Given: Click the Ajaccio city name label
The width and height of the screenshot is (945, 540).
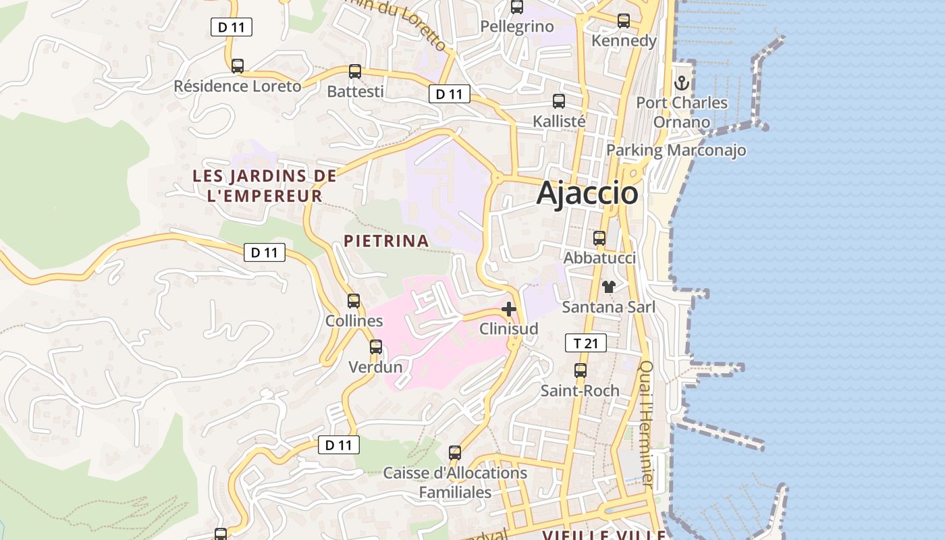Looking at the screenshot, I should pos(587,194).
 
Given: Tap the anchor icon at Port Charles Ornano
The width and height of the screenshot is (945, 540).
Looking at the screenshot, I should pos(682,84).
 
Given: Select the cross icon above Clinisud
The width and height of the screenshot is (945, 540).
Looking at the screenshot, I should pos(509,309).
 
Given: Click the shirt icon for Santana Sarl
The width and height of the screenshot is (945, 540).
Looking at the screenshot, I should pos(609,287).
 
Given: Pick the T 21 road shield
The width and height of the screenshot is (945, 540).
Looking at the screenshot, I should pos(585,343).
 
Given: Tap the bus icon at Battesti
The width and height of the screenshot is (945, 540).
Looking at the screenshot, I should pos(355,72).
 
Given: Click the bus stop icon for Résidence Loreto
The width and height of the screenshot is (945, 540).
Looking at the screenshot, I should pos(238,66).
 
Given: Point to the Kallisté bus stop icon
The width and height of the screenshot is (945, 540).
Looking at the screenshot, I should pos(559,101).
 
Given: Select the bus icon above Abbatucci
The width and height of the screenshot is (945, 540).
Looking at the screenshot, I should pos(599,238).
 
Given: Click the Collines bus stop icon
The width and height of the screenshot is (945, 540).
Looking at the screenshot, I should pos(354,301).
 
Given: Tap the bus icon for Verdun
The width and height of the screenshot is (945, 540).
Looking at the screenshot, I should pos(376,347).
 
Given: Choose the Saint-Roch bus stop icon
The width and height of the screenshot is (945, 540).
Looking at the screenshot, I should pos(580,371).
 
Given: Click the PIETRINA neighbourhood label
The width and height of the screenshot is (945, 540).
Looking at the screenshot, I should pos(386,241).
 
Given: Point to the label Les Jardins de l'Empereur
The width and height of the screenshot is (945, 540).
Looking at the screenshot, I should pos(265,186).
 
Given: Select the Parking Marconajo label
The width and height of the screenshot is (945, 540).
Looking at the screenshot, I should pos(676,150).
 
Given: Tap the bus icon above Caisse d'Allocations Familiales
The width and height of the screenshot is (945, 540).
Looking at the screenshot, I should pos(455,452).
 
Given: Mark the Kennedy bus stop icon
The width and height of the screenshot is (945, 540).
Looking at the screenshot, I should pos(624,21).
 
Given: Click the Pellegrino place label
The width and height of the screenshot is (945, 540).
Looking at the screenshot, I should pos(517,27).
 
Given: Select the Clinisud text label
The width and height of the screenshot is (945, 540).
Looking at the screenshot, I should pos(509,329).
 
